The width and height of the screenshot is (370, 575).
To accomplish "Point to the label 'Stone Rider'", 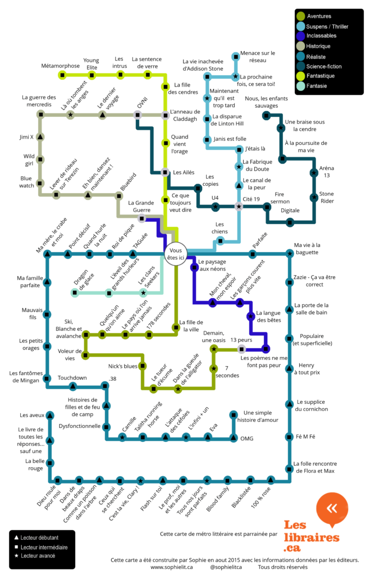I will click(x=326, y=197).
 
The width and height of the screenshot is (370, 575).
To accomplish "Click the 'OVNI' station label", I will click(x=142, y=105).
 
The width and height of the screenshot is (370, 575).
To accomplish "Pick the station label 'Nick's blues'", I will click(x=122, y=366).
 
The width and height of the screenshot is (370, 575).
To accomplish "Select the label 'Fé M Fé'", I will click(x=305, y=436).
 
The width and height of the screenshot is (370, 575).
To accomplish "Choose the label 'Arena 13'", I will click(x=326, y=171).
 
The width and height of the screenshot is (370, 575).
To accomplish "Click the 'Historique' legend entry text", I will click(x=318, y=46).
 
